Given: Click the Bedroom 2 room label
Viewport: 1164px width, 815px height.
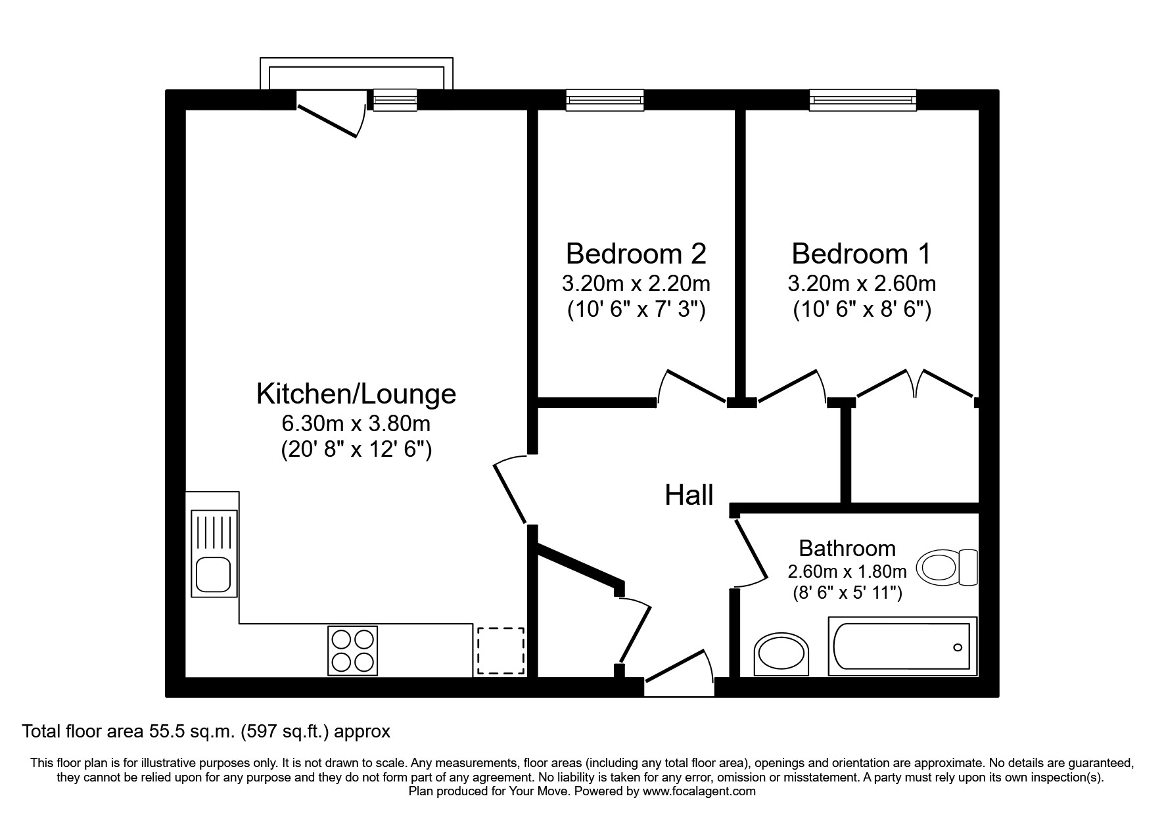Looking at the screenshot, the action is pyautogui.click(x=636, y=253).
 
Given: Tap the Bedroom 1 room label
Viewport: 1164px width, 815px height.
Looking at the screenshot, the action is pyautogui.click(x=862, y=253).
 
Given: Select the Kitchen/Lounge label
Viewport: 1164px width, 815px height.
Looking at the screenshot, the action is pyautogui.click(x=356, y=394).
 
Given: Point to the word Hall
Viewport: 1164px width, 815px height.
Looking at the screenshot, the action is pyautogui.click(x=689, y=495).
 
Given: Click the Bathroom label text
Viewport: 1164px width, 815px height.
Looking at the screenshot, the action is pyautogui.click(x=847, y=548).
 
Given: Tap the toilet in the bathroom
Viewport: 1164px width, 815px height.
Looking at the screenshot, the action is pyautogui.click(x=946, y=567).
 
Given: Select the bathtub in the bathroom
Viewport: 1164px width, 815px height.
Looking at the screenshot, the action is pyautogui.click(x=902, y=646).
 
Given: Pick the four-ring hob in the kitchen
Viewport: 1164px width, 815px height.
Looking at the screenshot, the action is pyautogui.click(x=352, y=651).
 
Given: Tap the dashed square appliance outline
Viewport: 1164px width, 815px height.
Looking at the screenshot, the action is pyautogui.click(x=501, y=651).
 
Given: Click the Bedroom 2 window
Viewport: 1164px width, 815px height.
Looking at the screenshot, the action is pyautogui.click(x=605, y=100).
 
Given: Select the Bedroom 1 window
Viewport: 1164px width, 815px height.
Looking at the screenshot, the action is pyautogui.click(x=863, y=100).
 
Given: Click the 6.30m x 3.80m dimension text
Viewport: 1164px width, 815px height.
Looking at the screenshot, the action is pyautogui.click(x=356, y=423).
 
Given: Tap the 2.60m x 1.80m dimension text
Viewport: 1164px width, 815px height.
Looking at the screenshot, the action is pyautogui.click(x=847, y=571).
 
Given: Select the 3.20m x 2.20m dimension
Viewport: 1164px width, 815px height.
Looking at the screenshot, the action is pyautogui.click(x=636, y=283).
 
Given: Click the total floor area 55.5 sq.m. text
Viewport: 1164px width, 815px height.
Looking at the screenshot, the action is pyautogui.click(x=206, y=731).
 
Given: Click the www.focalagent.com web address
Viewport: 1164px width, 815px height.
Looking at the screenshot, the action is pyautogui.click(x=699, y=791).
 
